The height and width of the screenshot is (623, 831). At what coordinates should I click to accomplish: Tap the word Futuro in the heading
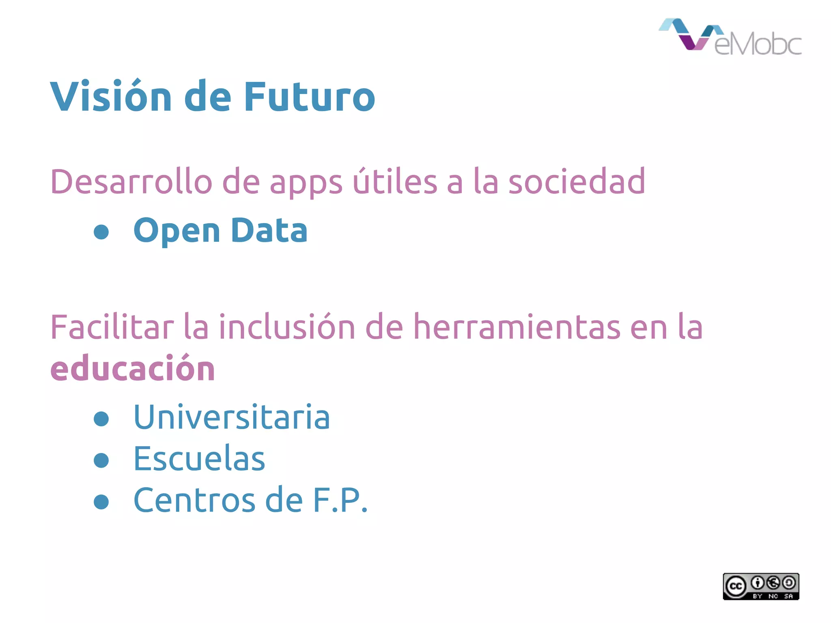pos(309,97)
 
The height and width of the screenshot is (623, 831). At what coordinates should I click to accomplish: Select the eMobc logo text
pos(758,43)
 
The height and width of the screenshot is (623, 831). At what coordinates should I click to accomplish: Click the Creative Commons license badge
pos(761,586)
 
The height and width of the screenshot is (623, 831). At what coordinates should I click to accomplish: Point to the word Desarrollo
pos(131,182)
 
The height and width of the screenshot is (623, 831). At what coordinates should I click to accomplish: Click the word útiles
pos(395,182)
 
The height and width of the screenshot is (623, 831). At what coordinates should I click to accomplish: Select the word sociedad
pos(577,182)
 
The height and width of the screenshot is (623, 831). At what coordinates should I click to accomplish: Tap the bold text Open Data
pos(220,230)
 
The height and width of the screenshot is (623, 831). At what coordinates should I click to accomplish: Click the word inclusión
pos(287,327)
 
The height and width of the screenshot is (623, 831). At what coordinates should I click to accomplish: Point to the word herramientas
pos(517,327)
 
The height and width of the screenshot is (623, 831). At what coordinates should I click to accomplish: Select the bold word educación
pos(132,368)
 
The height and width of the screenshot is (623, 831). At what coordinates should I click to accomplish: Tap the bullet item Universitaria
pos(231,417)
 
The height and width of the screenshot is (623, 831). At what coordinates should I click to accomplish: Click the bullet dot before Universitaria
pos(101,419)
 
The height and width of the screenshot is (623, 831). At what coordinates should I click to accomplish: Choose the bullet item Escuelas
pos(199,458)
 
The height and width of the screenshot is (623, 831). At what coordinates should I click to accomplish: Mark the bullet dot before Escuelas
pos(101,460)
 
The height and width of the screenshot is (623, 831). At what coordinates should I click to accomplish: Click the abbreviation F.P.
pos(340,500)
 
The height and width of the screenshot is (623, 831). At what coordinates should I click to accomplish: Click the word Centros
pos(195,500)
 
